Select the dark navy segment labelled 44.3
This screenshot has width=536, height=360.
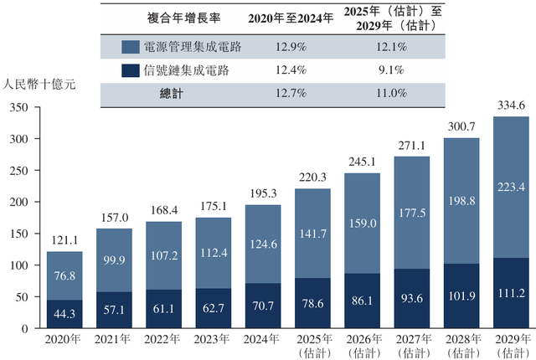click(x=70, y=314)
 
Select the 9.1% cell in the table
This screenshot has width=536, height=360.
click(x=392, y=71)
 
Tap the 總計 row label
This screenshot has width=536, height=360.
click(x=172, y=94)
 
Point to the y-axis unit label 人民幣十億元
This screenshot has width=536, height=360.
click(x=39, y=85)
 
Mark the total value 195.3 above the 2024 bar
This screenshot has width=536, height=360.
click(x=263, y=193)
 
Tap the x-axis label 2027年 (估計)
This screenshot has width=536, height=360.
click(x=411, y=346)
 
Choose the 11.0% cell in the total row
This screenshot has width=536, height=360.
click(x=392, y=94)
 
